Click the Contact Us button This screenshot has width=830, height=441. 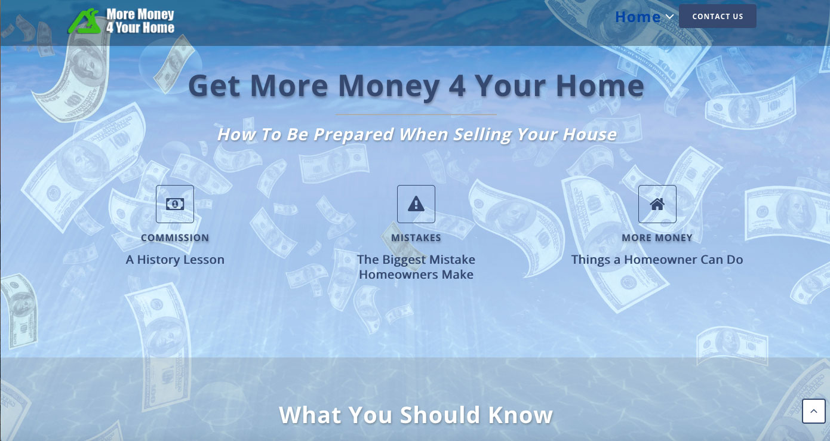(x=717, y=16)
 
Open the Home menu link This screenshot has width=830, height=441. (x=638, y=17)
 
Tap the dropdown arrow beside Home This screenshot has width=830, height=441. (x=669, y=17)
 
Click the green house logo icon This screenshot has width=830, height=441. (x=85, y=21)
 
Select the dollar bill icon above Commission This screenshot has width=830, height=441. (x=175, y=204)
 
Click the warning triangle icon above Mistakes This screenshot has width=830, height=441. (x=416, y=203)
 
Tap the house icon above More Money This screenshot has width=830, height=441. (x=657, y=204)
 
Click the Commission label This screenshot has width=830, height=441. (x=175, y=238)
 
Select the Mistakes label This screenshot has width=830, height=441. (x=416, y=238)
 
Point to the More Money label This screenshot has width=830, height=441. (x=657, y=238)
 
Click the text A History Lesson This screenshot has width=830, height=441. (x=175, y=260)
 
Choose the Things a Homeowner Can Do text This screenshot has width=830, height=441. (x=657, y=260)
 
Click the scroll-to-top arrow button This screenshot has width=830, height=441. (x=814, y=411)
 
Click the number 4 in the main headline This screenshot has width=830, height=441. (x=457, y=86)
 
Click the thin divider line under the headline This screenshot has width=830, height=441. (x=416, y=115)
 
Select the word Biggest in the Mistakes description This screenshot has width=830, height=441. (x=404, y=260)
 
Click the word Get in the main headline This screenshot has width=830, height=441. (x=214, y=86)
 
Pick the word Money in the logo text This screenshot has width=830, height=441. (x=156, y=14)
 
